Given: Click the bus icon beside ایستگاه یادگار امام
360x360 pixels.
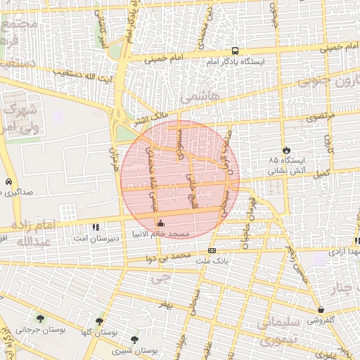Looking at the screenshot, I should tap(235, 51).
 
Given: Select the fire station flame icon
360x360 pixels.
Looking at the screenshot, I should tap(285, 150).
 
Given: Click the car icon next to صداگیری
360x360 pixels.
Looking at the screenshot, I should tap(8, 181).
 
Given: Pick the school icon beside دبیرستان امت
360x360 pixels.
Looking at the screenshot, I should tap(96, 227).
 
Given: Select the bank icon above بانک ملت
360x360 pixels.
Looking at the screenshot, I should tap(212, 250).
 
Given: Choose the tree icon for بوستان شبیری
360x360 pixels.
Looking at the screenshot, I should tap(134, 340).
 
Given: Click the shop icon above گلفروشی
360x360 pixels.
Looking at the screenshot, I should tap(321, 309).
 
